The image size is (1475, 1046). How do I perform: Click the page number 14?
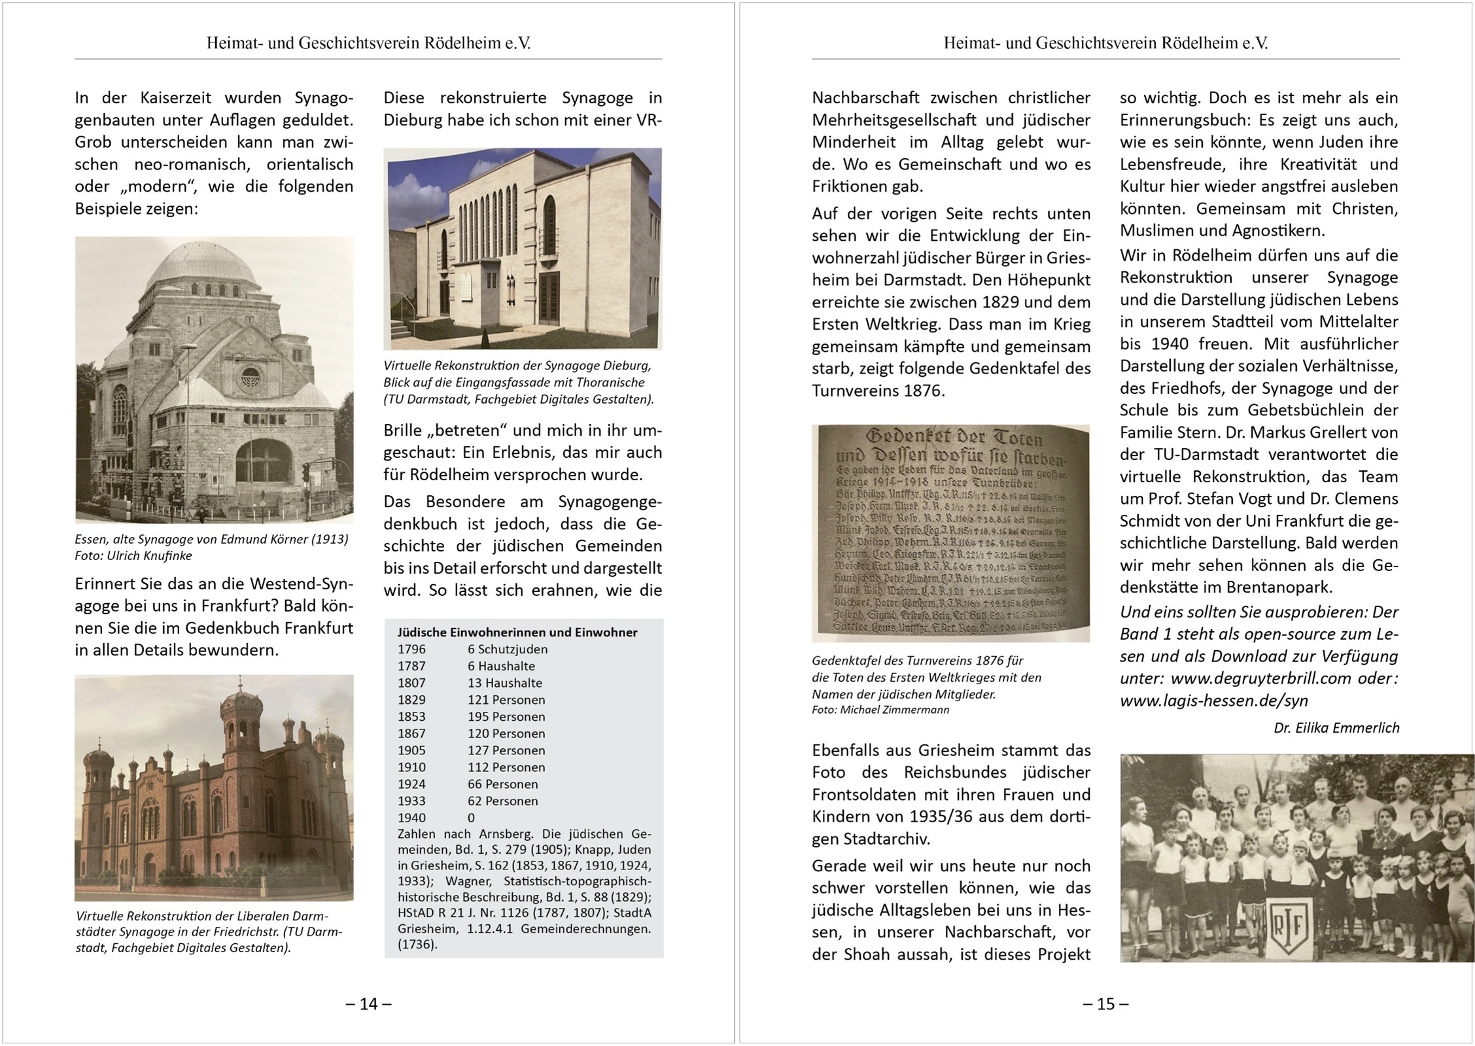369,1003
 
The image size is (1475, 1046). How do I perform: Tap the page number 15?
1105,1003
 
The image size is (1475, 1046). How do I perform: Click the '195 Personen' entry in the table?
506,716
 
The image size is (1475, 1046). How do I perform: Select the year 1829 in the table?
411,699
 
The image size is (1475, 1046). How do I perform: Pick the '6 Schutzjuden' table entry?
507,649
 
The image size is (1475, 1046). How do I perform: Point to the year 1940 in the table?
411,818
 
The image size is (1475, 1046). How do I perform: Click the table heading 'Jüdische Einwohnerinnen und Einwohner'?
517,633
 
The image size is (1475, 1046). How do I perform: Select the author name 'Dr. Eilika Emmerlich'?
1336,727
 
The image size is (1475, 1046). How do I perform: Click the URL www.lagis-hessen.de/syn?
1214,701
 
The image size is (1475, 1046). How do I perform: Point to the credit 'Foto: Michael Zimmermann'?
880,710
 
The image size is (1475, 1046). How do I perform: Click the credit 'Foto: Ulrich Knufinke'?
133,555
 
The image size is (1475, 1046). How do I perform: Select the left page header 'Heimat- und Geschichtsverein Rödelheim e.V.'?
368,43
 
